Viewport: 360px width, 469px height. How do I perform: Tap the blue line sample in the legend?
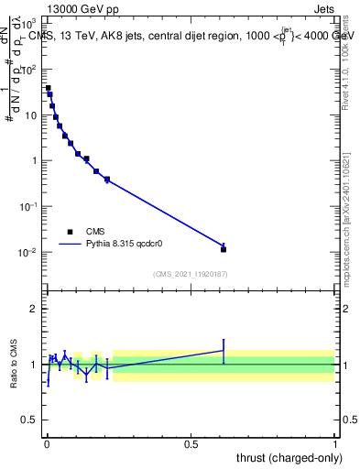click(x=71, y=245)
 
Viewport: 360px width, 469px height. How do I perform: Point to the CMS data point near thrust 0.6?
click(x=224, y=249)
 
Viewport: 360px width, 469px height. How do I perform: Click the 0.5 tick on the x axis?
click(x=191, y=444)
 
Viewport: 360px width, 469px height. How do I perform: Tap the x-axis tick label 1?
click(x=335, y=444)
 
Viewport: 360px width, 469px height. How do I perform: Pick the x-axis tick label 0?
click(x=46, y=444)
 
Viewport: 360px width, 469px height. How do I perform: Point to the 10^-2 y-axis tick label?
click(x=30, y=252)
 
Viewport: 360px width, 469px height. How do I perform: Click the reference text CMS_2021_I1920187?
click(x=190, y=275)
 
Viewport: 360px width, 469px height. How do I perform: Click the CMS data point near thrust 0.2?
click(x=107, y=179)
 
